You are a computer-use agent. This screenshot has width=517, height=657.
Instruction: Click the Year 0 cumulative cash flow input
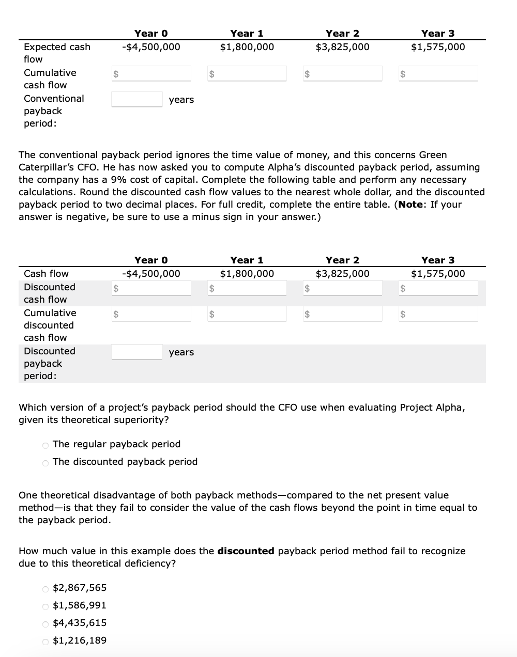click(x=155, y=73)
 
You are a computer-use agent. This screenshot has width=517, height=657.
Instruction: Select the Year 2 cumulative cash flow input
click(x=346, y=73)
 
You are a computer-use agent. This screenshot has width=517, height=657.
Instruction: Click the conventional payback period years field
click(x=137, y=99)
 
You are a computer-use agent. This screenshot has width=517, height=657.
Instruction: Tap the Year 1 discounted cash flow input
click(x=250, y=288)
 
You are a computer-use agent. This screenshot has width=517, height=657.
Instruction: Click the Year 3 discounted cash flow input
click(x=442, y=288)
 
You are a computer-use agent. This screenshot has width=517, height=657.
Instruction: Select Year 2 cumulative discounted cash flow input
click(x=346, y=314)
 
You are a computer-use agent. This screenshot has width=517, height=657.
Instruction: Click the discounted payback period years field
click(x=137, y=352)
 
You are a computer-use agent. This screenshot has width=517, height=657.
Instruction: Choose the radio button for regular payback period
click(x=45, y=445)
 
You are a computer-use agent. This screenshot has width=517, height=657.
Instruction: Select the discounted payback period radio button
click(x=45, y=462)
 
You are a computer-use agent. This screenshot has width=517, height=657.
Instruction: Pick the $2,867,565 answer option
click(x=45, y=588)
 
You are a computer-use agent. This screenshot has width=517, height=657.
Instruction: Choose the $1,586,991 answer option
click(x=45, y=606)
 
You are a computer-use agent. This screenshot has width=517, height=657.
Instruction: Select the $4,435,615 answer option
click(x=45, y=623)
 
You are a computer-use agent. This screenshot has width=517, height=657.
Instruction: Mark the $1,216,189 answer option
click(x=45, y=641)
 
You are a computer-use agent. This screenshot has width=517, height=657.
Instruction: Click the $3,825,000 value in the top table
click(x=342, y=47)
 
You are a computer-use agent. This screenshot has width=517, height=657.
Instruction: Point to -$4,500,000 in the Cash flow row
click(x=151, y=274)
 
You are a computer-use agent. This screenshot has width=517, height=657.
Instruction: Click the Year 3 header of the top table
click(x=437, y=34)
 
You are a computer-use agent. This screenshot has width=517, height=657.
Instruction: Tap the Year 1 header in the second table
click(x=247, y=260)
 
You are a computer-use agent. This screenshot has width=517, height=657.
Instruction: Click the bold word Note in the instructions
click(x=410, y=205)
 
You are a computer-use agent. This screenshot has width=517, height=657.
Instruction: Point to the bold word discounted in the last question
click(x=246, y=551)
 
